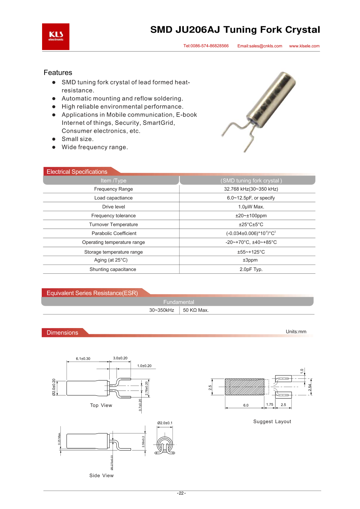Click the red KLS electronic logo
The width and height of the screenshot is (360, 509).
pyautogui.click(x=56, y=37)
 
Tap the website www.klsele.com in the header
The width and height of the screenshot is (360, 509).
pyautogui.click(x=304, y=46)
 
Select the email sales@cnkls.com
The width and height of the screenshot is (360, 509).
pyautogui.click(x=260, y=46)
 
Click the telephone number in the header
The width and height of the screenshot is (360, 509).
pyautogui.click(x=206, y=46)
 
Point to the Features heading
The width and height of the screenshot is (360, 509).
pyautogui.click(x=58, y=73)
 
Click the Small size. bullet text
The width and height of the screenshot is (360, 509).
pyautogui.click(x=77, y=139)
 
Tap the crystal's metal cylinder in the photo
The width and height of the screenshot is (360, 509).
pyautogui.click(x=272, y=97)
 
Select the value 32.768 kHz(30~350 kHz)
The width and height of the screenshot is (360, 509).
pyautogui.click(x=251, y=189)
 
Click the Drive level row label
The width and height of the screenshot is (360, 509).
pyautogui.click(x=114, y=207)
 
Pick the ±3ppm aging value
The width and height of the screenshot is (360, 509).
pyautogui.click(x=250, y=260)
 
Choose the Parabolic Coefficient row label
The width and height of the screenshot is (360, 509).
pyautogui.click(x=114, y=233)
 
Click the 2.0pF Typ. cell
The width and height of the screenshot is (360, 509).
pyautogui.click(x=251, y=269)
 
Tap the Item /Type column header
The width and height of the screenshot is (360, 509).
pyautogui.click(x=113, y=181)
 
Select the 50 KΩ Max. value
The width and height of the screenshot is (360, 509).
pyautogui.click(x=196, y=310)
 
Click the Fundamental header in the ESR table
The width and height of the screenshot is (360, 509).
pyautogui.click(x=179, y=302)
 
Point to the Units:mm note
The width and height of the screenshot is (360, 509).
pyautogui.click(x=296, y=332)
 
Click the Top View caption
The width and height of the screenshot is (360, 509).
pyautogui.click(x=101, y=405)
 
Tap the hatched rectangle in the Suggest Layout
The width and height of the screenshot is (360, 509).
pyautogui.click(x=245, y=387)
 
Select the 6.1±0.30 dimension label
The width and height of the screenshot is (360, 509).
pyautogui.click(x=83, y=359)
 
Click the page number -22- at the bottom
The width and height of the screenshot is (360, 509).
pyautogui.click(x=181, y=493)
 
